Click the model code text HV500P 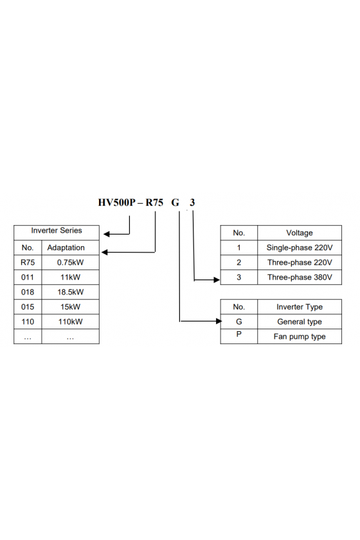117,202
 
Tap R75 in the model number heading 154,202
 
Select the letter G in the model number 175,203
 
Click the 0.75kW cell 70,262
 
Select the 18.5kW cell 70,292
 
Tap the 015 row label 28,307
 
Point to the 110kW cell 70,321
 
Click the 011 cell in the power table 28,277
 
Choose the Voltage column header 300,233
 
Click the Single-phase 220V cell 300,248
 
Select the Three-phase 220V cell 300,262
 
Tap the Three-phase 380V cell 300,277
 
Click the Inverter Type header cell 300,307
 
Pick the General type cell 300,321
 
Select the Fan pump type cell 300,336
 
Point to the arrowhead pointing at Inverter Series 107,234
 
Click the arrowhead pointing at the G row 219,321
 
